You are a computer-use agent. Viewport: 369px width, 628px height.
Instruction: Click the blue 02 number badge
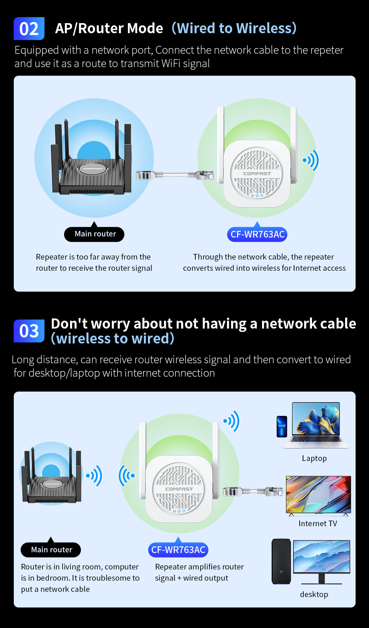pyautogui.click(x=29, y=29)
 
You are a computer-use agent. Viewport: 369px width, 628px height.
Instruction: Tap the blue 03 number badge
pyautogui.click(x=29, y=331)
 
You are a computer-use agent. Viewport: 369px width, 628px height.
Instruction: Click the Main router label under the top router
pyautogui.click(x=94, y=234)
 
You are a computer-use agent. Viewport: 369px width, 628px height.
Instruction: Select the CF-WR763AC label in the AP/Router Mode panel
pyautogui.click(x=257, y=234)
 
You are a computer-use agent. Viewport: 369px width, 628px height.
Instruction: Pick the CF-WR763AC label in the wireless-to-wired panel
pyautogui.click(x=178, y=550)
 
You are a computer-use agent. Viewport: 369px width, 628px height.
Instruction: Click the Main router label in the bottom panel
pyautogui.click(x=51, y=550)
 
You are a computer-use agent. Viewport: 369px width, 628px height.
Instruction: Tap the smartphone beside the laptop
pyautogui.click(x=282, y=426)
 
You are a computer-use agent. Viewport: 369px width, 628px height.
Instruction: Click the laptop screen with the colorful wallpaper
pyautogui.click(x=316, y=419)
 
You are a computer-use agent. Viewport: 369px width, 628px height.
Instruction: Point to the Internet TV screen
pyautogui.click(x=318, y=494)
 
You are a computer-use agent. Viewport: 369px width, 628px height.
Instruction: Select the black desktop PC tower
pyautogui.click(x=281, y=562)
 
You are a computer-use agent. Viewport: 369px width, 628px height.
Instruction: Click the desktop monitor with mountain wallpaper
pyautogui.click(x=322, y=556)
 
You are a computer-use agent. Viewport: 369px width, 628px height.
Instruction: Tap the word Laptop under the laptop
pyautogui.click(x=314, y=458)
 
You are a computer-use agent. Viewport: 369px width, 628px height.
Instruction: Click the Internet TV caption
pyautogui.click(x=318, y=524)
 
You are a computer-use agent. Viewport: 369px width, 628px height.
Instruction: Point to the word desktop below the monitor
pyautogui.click(x=314, y=594)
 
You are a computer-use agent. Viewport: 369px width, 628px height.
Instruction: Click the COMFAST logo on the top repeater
pyautogui.click(x=257, y=174)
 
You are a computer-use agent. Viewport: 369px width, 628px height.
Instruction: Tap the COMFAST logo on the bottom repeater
pyautogui.click(x=179, y=489)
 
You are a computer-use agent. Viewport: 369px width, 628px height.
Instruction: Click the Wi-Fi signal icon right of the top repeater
pyautogui.click(x=311, y=160)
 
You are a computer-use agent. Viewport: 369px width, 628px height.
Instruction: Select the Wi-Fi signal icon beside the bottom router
pyautogui.click(x=94, y=476)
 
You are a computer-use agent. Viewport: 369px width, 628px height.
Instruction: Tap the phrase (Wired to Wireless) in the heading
pyautogui.click(x=234, y=28)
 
